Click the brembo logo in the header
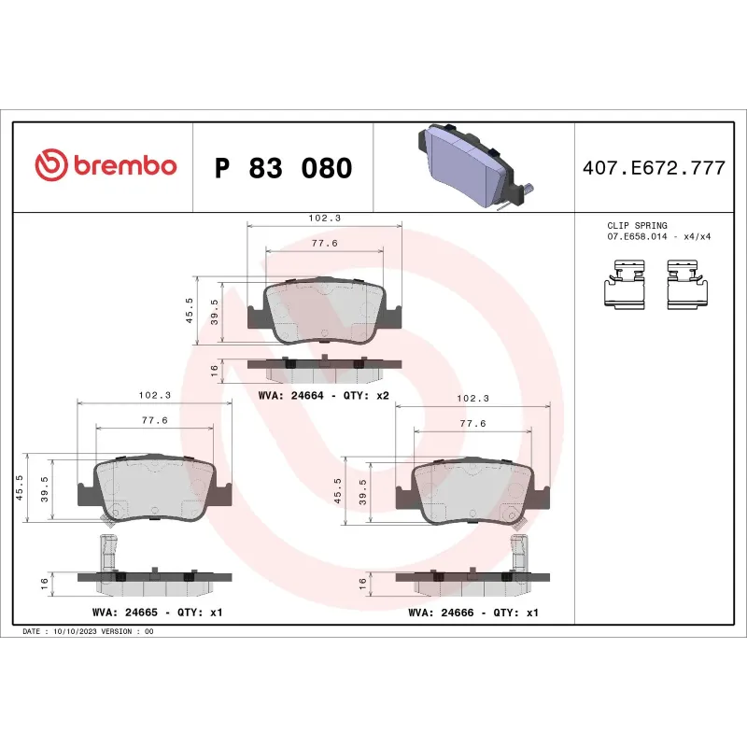tap(106, 166)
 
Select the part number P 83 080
tap(283, 168)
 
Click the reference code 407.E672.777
tap(654, 168)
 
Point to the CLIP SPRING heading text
tap(637, 226)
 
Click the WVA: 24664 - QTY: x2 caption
tap(323, 395)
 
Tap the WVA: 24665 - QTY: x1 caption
tap(157, 613)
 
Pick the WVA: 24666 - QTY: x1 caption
tap(473, 613)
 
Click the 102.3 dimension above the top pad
tap(324, 218)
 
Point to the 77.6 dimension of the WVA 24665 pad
tap(154, 420)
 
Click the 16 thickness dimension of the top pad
tap(215, 371)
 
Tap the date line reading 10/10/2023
tap(88, 632)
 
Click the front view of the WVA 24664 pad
tap(324, 311)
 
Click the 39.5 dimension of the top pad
tap(215, 311)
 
